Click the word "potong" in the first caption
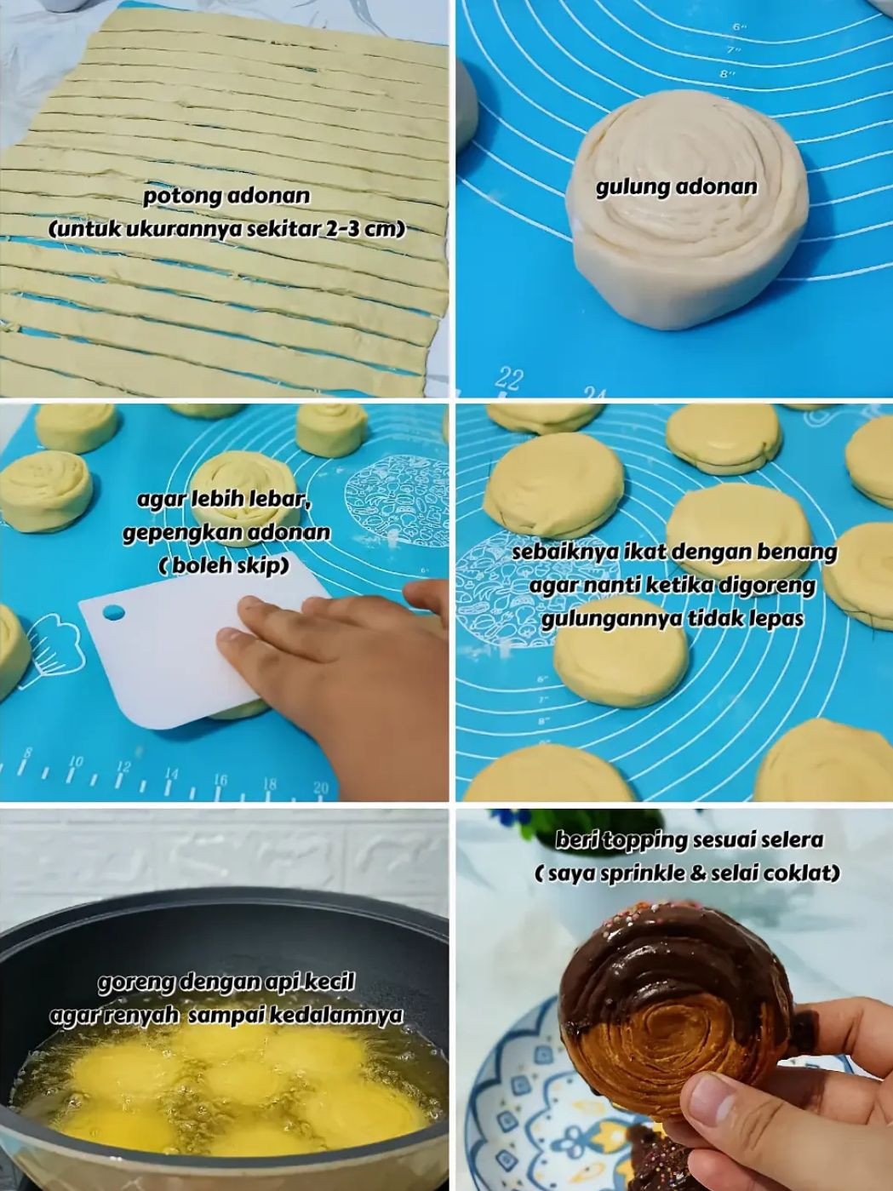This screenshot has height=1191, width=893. pos(174,197)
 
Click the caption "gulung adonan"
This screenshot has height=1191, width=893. pos(676,186)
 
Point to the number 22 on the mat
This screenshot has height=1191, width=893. pos(508,377)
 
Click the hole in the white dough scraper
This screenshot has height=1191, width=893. pos(113,612)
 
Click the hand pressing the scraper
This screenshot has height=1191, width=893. pos(341,656)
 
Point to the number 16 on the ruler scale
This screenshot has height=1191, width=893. pos(220,779)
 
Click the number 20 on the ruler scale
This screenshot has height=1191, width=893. pos(320,787)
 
